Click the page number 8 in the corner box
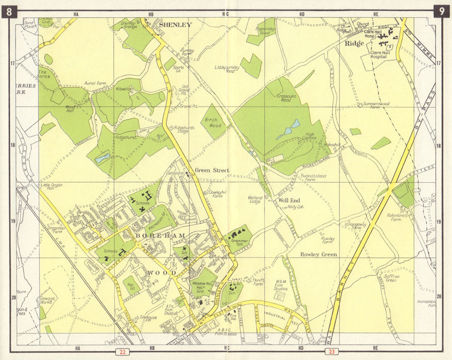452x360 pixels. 9,12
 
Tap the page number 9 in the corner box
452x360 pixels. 442,12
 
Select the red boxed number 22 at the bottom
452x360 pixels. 122,352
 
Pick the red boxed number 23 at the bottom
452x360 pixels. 331,352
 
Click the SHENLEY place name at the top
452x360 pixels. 175,25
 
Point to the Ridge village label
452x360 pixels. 354,44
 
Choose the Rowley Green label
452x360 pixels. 319,255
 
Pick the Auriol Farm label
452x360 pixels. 95,84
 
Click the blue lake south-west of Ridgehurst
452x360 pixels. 102,158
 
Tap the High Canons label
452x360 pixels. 310,136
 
